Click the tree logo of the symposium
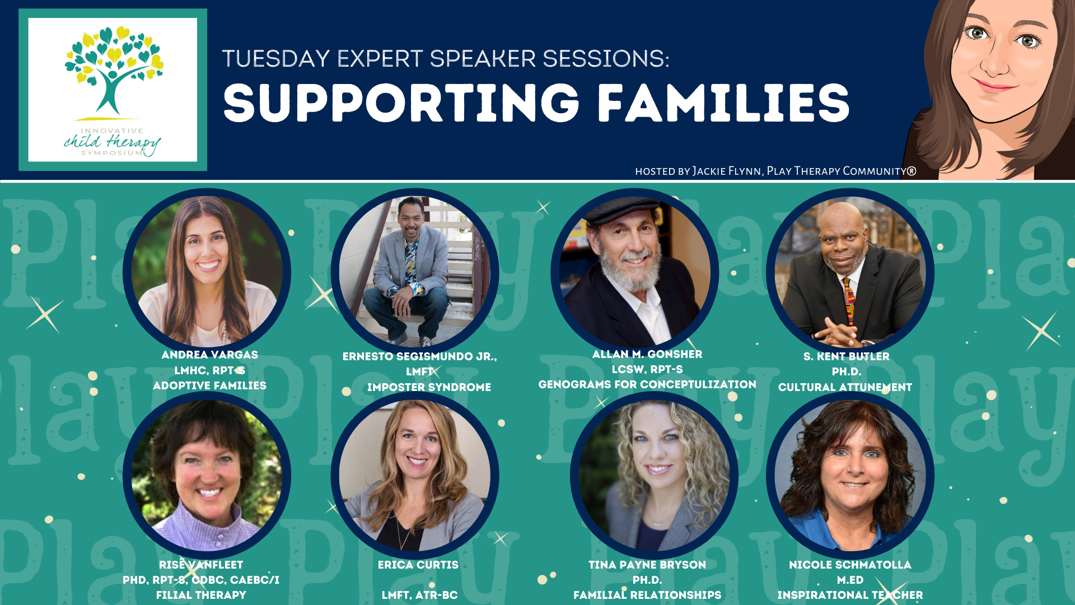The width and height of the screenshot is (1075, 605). click(x=114, y=70)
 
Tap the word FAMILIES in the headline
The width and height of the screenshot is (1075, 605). click(x=723, y=103)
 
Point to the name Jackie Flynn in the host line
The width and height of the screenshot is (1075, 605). click(x=727, y=171)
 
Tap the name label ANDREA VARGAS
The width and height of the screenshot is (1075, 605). click(x=210, y=355)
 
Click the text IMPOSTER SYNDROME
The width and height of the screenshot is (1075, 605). click(x=429, y=387)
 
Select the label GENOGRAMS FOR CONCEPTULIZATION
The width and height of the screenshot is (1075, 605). click(x=647, y=384)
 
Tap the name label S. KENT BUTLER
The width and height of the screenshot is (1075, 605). click(x=846, y=356)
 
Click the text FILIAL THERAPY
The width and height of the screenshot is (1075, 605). click(x=201, y=595)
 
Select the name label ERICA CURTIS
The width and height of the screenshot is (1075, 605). click(x=418, y=565)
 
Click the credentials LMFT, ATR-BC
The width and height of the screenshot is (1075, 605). click(x=419, y=595)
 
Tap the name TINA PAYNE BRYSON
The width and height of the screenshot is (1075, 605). click(x=647, y=565)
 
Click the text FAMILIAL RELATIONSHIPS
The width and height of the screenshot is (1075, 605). click(x=647, y=595)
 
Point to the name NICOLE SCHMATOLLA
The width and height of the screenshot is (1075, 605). click(x=850, y=565)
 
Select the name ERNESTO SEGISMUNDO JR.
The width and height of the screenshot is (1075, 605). click(x=420, y=356)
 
